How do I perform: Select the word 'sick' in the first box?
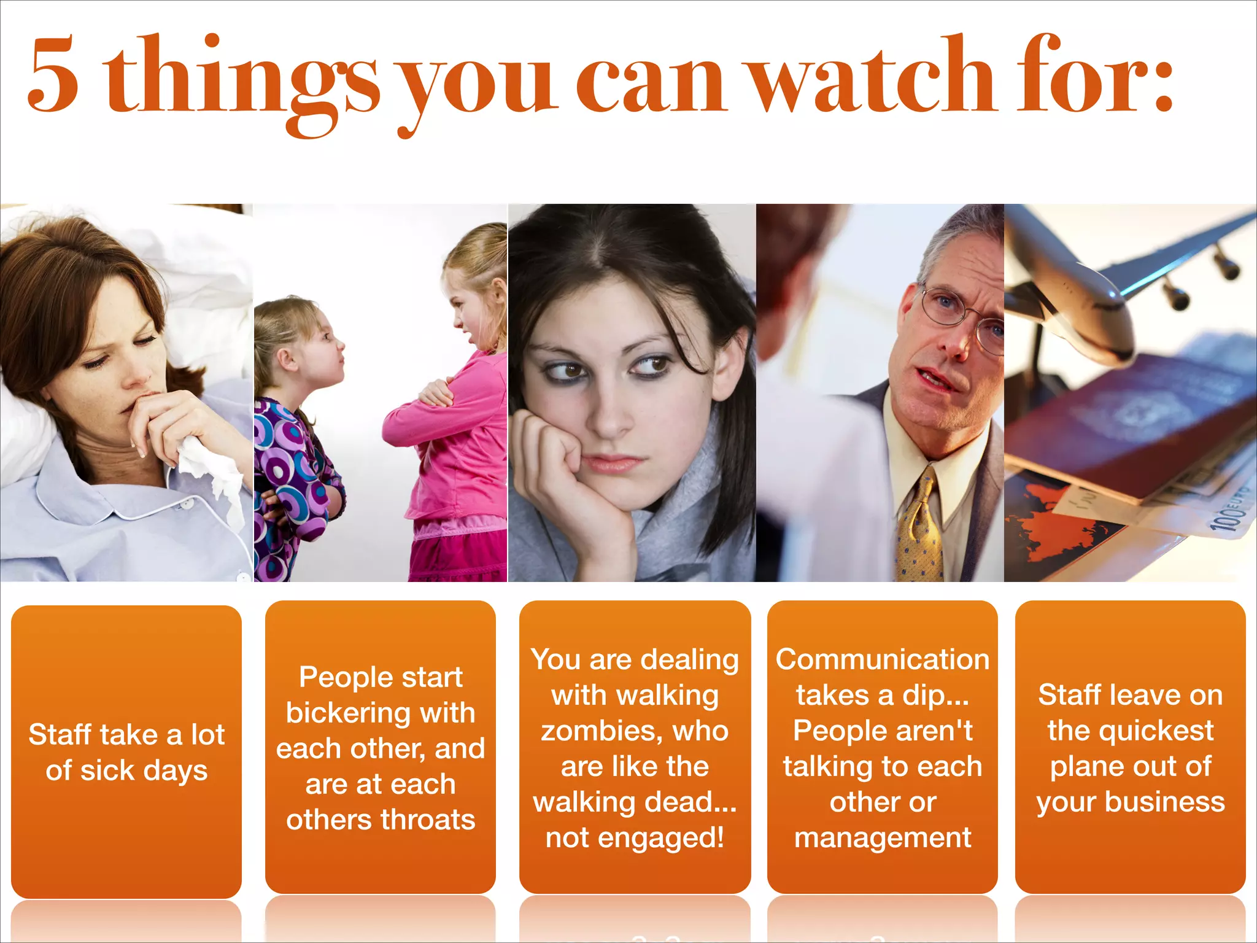pyautogui.click(x=107, y=770)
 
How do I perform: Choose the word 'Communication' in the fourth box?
pyautogui.click(x=883, y=659)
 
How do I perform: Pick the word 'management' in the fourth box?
pyautogui.click(x=883, y=837)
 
